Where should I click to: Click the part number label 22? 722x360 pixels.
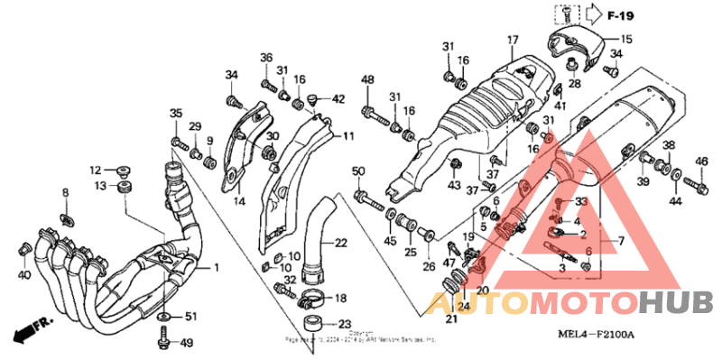[340, 243]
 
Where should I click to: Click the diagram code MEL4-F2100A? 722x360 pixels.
[597, 335]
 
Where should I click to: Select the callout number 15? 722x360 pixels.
[626, 40]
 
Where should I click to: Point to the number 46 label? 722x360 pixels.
[701, 162]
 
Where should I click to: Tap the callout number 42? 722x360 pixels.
[338, 98]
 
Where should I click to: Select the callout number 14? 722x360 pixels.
[239, 201]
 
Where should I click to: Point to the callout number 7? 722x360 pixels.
[621, 242]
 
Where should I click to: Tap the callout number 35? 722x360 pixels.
[176, 113]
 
